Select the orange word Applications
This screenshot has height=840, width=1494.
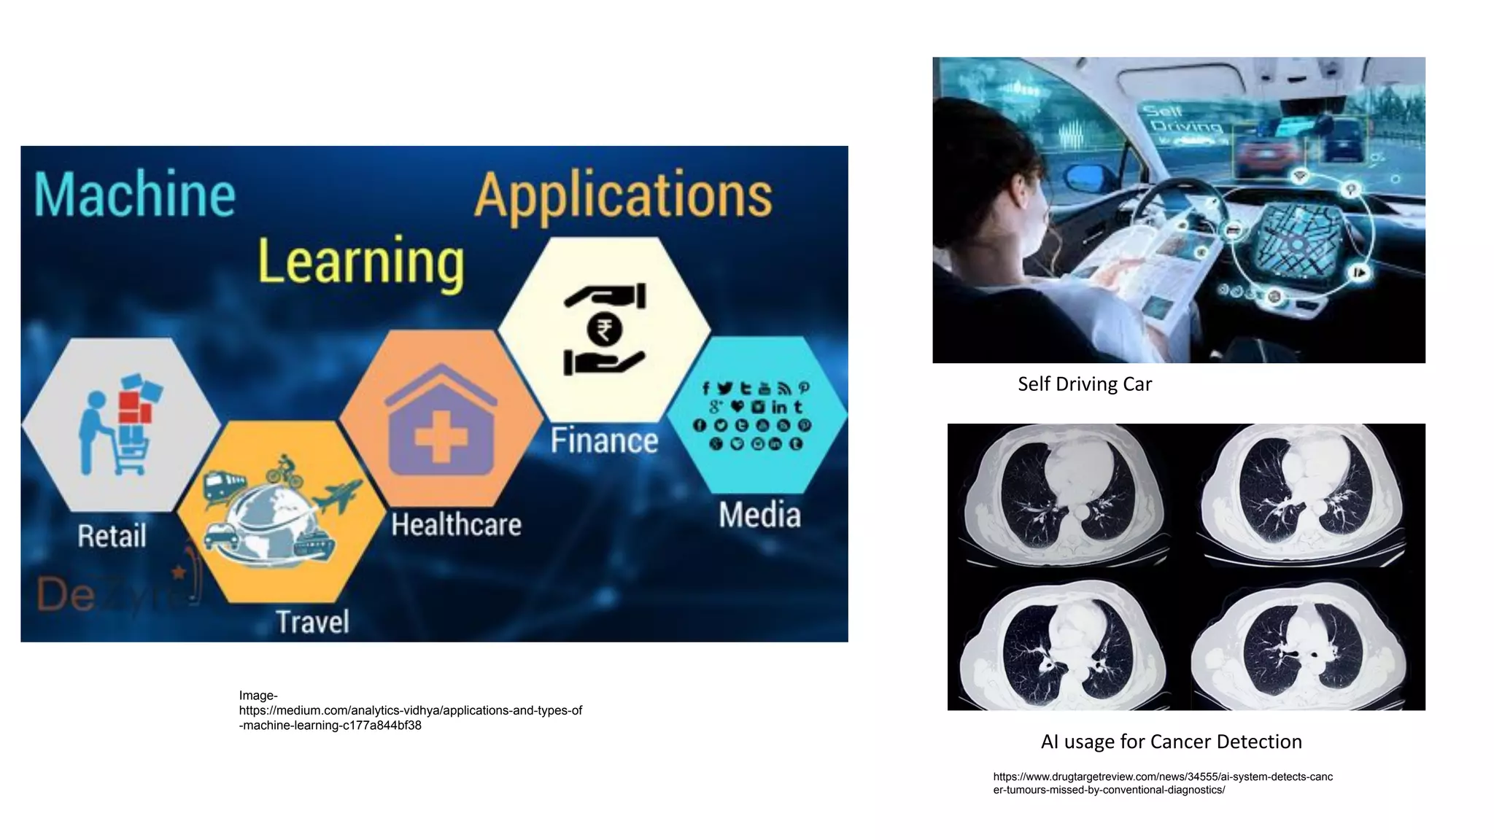623,195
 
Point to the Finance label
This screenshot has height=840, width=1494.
604,441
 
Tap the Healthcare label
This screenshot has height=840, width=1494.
456,525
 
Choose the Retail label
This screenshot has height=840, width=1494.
112,537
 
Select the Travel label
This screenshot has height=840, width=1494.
312,622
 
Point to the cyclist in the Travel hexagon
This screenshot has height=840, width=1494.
285,470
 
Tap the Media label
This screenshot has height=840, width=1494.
759,515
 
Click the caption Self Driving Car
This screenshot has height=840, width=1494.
1084,384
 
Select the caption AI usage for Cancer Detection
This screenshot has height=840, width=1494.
1171,742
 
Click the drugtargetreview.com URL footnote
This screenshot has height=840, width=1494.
1162,783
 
